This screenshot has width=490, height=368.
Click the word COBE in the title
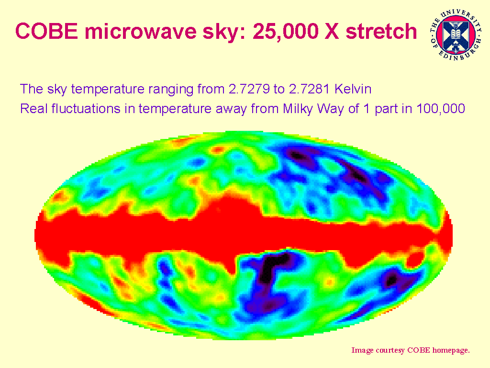pos(46,31)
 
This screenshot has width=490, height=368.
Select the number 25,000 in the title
pos(285,32)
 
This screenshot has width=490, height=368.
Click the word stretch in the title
pos(381,31)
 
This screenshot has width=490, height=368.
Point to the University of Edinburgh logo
pos(456,34)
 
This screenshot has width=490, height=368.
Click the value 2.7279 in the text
pos(249,89)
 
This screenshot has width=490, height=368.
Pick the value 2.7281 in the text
pos(309,89)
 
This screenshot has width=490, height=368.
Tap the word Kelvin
pos(353,89)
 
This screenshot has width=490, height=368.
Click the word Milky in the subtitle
pos(298,109)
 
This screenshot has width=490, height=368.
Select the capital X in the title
pos(332,31)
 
